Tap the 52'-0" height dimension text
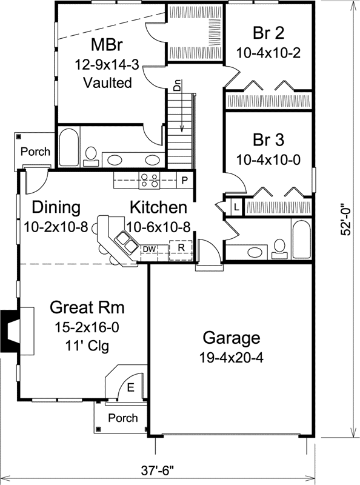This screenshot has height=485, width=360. (347, 218)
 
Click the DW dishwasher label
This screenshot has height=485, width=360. (148, 249)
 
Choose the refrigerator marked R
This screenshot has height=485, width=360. (181, 248)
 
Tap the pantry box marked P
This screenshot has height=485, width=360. (184, 179)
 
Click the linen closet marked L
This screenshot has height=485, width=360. (235, 207)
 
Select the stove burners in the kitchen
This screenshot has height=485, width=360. (150, 179)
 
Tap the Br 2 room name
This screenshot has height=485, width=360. (268, 33)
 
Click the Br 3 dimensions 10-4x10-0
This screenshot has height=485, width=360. (268, 159)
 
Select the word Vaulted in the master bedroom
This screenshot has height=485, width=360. (107, 83)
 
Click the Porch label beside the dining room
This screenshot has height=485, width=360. (36, 151)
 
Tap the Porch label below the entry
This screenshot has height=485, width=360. (122, 418)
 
